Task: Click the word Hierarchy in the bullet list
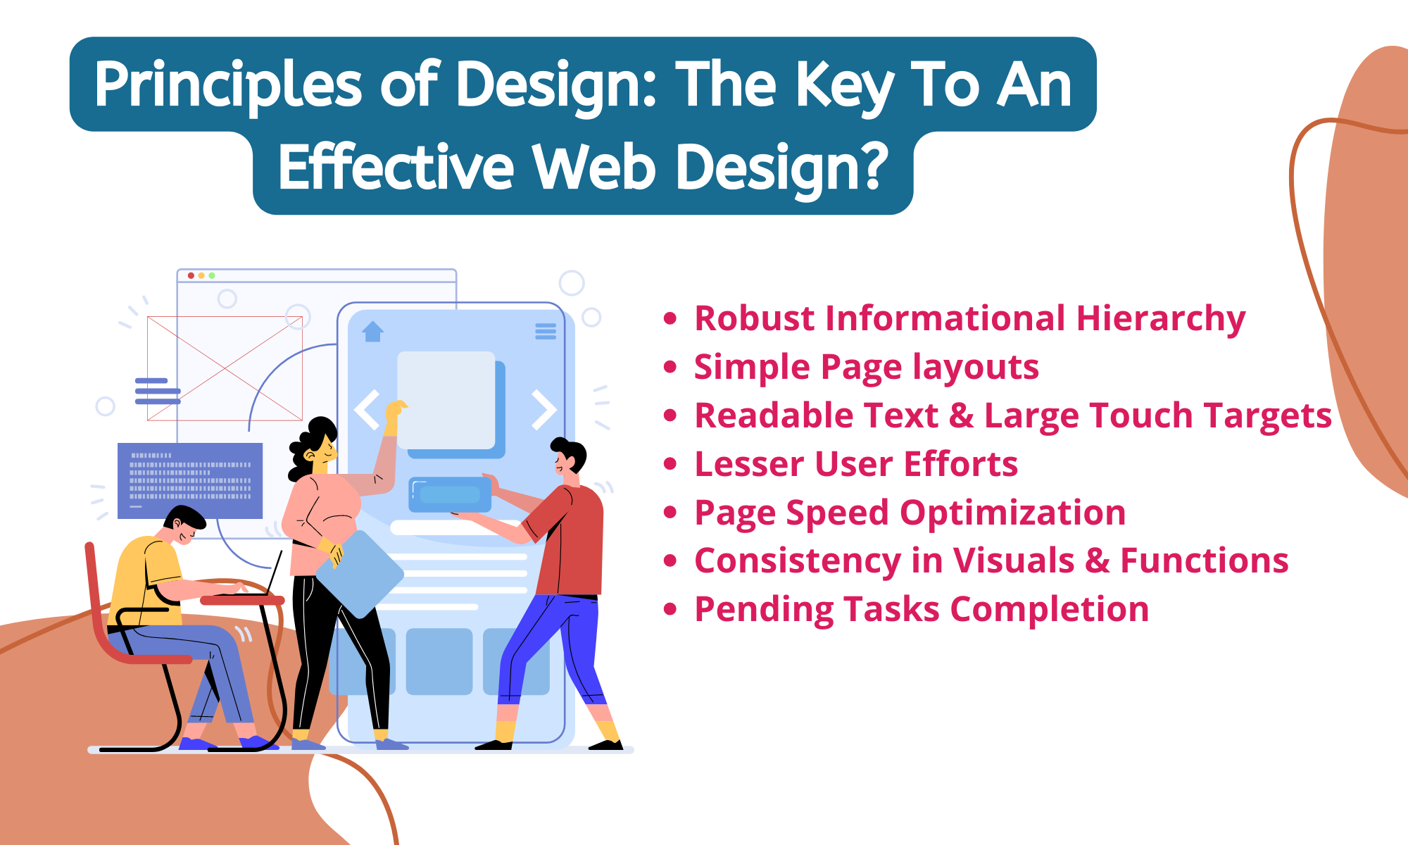1161,318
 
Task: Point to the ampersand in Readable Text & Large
961,415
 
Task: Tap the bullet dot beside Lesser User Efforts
670,464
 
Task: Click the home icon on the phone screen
372,331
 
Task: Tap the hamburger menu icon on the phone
546,331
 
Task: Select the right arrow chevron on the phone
543,409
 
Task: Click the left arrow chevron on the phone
367,409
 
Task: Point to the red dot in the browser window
191,275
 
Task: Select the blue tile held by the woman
360,574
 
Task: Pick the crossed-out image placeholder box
225,368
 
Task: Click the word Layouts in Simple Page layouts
976,367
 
